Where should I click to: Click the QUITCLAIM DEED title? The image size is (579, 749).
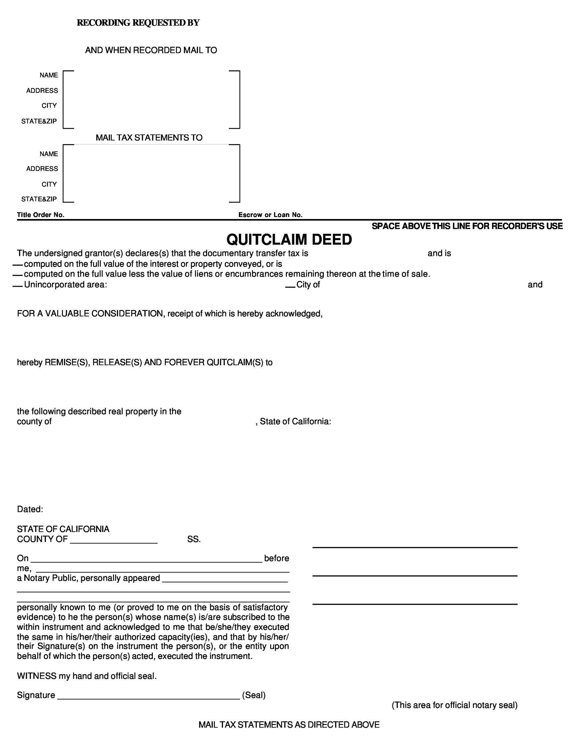(x=289, y=239)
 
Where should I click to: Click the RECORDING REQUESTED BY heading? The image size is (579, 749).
(x=138, y=23)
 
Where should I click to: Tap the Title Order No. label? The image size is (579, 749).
(x=40, y=215)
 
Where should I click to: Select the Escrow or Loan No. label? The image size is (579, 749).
(x=270, y=215)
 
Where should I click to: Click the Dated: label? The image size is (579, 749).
(x=30, y=509)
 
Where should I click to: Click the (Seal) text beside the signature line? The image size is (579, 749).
(x=254, y=695)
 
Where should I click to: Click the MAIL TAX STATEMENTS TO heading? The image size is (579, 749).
(x=149, y=138)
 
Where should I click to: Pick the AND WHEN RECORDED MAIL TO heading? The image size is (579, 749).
(x=151, y=50)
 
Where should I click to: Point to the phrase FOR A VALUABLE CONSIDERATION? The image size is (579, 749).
(x=90, y=313)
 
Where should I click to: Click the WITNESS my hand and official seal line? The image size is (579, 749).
(x=87, y=676)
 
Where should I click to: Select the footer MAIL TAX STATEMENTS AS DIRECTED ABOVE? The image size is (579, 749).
(x=289, y=725)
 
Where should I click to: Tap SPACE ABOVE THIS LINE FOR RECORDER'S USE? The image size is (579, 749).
(x=467, y=226)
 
